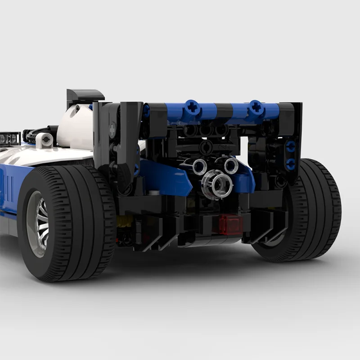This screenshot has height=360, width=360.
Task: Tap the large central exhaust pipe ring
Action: click(217, 183)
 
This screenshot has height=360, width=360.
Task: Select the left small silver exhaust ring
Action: click(199, 167)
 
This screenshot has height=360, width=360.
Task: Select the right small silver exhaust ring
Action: click(230, 166)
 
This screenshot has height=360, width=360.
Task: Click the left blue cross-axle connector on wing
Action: click(192, 108)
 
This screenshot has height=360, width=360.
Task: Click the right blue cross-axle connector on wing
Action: click(256, 107)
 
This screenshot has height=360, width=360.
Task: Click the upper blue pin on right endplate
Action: click(291, 146)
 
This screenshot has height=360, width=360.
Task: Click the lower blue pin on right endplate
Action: click(291, 163)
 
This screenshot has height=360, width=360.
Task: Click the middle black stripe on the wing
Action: click(224, 110)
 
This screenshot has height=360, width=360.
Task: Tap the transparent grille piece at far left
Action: click(9, 139)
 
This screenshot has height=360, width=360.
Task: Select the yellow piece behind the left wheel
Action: click(123, 220)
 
